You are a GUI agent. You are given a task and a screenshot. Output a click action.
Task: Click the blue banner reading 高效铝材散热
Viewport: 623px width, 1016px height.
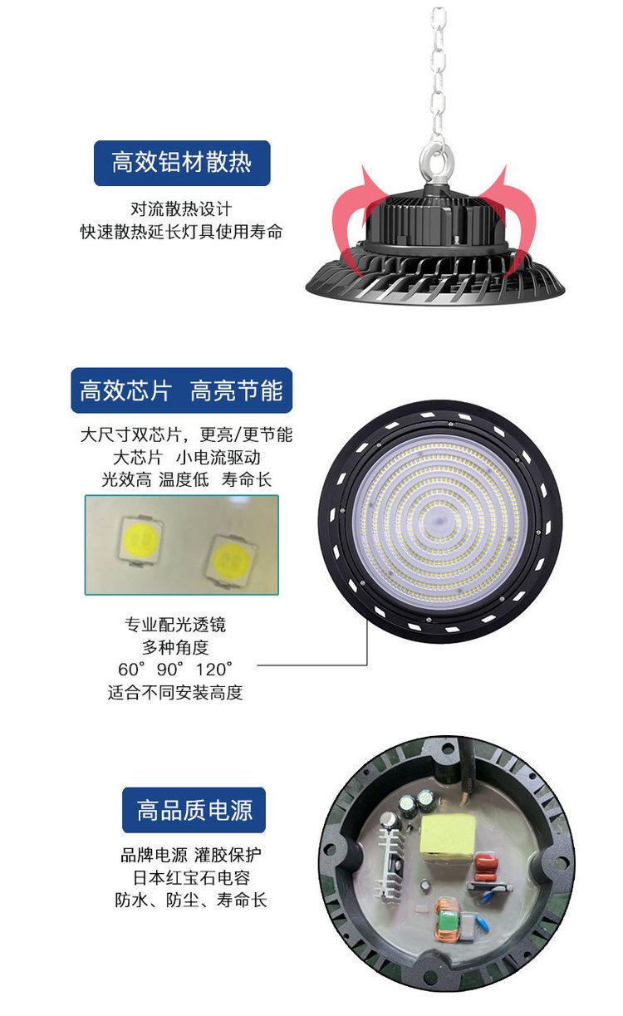182,163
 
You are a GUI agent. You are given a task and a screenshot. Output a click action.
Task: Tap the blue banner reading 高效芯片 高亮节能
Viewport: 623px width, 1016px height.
181,390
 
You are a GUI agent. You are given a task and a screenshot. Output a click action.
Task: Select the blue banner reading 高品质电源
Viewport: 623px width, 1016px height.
194,810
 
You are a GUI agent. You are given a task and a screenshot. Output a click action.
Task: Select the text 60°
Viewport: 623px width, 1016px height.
131,669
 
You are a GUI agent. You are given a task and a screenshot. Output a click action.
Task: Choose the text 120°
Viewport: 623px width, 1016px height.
214,669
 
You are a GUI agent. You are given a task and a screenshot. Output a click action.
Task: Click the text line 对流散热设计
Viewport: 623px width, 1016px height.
181,209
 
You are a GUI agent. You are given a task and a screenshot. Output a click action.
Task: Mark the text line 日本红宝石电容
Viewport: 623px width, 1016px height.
191,877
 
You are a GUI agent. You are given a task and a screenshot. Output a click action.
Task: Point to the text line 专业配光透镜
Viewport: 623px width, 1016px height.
175,625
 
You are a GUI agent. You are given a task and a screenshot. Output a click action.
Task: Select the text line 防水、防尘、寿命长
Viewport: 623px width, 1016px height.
191,900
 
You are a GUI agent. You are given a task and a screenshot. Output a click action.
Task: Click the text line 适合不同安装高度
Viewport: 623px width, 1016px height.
175,692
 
